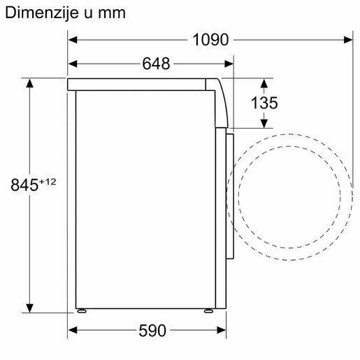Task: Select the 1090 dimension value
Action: [x=210, y=40]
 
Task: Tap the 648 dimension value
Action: [x=156, y=64]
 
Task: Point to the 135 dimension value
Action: [x=264, y=103]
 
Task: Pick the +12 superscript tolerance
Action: [x=47, y=181]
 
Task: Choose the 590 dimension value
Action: [x=153, y=329]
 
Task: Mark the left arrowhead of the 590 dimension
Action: [x=73, y=329]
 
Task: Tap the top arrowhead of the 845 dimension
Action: [x=30, y=84]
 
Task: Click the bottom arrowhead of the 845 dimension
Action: [x=30, y=308]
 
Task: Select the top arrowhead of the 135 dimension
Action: [x=264, y=84]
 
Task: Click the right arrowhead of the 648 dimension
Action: [x=229, y=64]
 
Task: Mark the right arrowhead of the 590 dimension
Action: [x=222, y=329]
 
